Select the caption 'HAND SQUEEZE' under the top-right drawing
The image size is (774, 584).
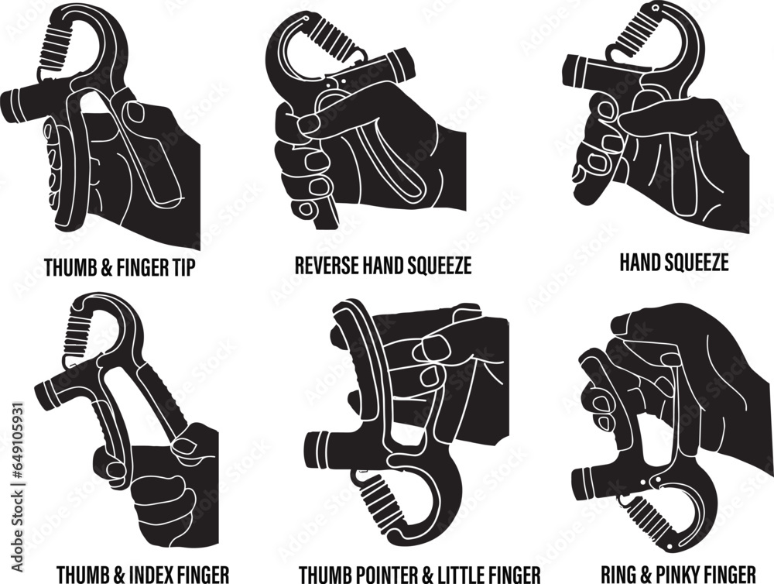(673, 263)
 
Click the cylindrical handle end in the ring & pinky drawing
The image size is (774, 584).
(593, 483)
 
